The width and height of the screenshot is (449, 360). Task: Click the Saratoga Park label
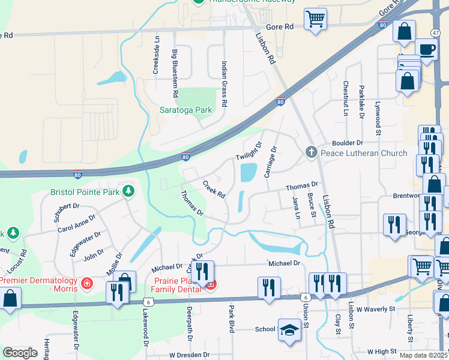coord(186,110)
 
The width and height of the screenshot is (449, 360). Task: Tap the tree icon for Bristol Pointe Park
coord(128,191)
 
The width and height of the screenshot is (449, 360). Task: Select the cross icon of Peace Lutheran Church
coord(311,152)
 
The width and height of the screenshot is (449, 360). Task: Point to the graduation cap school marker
coord(289,329)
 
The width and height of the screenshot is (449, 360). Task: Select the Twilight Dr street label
coord(249,152)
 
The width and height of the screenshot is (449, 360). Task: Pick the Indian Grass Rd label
coord(224,84)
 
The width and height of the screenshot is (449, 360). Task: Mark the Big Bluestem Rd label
coord(175,73)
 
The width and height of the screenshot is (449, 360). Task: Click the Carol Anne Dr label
coord(77,224)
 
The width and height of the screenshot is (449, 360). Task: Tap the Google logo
coord(20,353)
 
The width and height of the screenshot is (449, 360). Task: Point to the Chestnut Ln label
coord(346,98)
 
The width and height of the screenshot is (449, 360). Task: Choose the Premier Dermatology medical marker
coord(86,282)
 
